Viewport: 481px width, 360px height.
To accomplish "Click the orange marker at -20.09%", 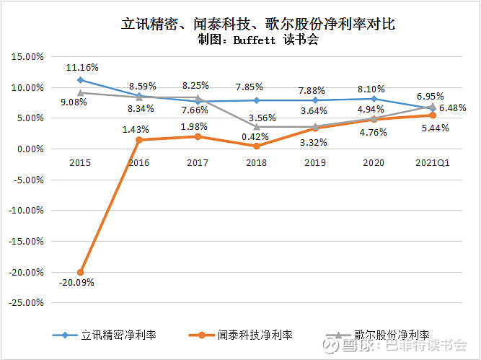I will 80,272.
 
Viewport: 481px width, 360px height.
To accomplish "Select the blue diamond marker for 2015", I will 80,80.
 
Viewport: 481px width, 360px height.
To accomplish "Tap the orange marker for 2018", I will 257,146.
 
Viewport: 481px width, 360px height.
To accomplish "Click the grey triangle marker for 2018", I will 257,127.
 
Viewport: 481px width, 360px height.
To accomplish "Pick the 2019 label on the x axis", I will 315,163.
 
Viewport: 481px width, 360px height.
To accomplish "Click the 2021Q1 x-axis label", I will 433,163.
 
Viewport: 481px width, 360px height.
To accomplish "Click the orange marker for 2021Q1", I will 433,115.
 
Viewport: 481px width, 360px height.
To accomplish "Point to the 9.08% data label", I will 74,102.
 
